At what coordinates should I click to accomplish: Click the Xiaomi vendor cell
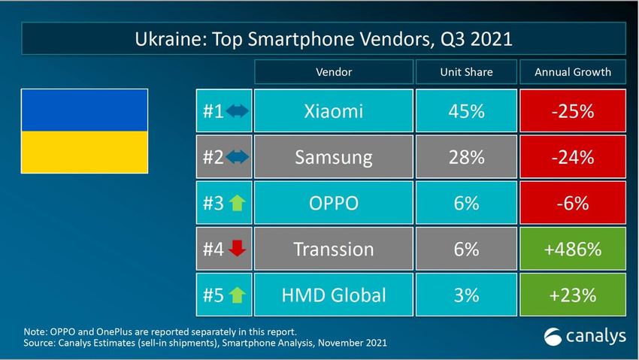(x=333, y=111)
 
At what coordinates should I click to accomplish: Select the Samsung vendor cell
(x=333, y=157)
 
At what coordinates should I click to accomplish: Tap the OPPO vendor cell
(x=333, y=203)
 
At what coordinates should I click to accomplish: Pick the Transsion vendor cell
(x=333, y=249)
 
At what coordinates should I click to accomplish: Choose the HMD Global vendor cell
(x=333, y=295)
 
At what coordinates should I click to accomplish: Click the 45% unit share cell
(x=466, y=111)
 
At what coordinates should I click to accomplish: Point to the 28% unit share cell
(x=466, y=157)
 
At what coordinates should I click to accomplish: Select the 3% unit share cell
(x=466, y=295)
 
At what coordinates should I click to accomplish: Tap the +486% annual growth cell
(x=573, y=249)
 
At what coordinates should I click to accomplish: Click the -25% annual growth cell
(x=573, y=111)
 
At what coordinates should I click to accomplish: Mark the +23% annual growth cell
(x=573, y=295)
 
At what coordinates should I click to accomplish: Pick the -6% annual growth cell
(x=573, y=203)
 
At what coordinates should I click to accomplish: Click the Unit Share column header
(x=466, y=72)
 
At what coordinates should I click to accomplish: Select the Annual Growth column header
(x=573, y=72)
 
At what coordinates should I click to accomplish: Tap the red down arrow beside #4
(x=237, y=249)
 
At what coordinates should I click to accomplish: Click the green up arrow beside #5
(x=237, y=295)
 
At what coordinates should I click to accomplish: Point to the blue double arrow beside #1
(x=237, y=112)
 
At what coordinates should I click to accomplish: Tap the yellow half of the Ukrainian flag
(x=83, y=151)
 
